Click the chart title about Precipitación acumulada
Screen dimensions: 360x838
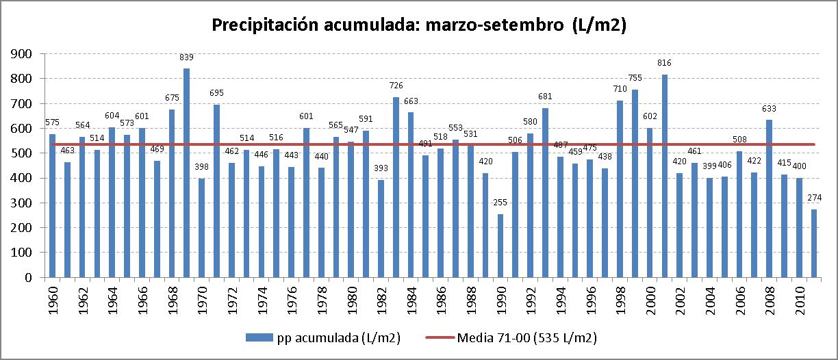(x=419, y=25)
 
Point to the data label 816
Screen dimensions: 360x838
(x=665, y=63)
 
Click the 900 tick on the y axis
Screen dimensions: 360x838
(x=25, y=53)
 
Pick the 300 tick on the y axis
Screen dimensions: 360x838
(x=25, y=203)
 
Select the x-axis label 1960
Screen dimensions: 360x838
(x=53, y=298)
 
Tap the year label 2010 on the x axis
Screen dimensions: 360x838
(x=800, y=298)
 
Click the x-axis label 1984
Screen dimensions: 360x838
(x=411, y=298)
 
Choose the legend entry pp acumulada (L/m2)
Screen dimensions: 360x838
(x=322, y=337)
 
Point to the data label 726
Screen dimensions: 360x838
(x=396, y=86)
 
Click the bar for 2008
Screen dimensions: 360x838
(x=770, y=198)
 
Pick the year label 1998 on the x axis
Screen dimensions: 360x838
(x=620, y=298)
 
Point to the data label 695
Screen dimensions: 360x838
(x=216, y=93)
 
